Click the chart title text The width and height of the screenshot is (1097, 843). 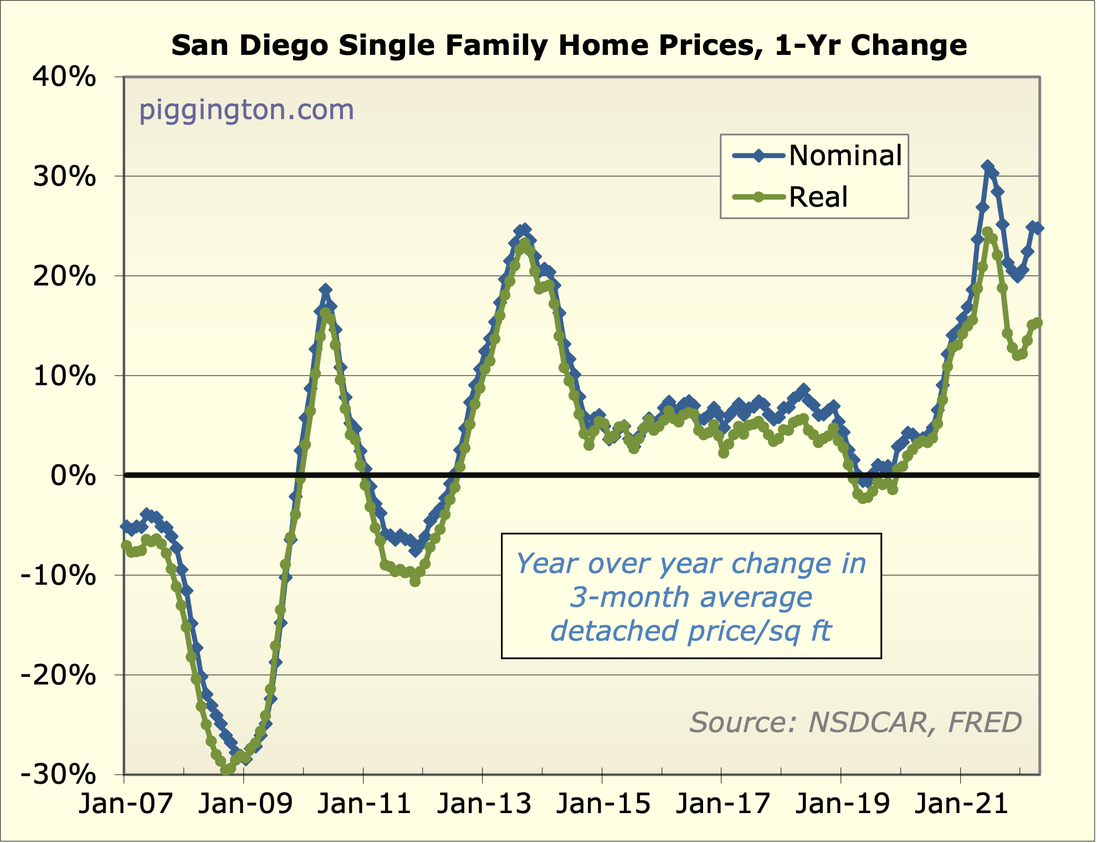(x=569, y=45)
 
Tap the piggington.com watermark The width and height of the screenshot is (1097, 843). (x=246, y=110)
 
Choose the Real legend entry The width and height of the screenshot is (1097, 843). (x=818, y=197)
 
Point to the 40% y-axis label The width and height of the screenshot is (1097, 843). (x=64, y=77)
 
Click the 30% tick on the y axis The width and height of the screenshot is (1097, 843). (x=64, y=177)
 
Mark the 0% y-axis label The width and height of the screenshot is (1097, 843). (x=73, y=476)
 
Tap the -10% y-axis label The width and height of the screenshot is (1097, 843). (x=58, y=576)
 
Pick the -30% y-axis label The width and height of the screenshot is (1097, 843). (x=58, y=774)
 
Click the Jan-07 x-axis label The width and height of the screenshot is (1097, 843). (x=125, y=804)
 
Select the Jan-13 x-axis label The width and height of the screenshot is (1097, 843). (x=484, y=804)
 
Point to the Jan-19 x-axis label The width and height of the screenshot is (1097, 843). (x=842, y=804)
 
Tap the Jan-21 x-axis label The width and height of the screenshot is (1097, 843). (x=961, y=804)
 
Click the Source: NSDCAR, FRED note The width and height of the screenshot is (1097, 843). (x=855, y=723)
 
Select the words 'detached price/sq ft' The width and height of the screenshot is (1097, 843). (x=691, y=631)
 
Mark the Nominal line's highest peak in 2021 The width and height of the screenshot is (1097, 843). (x=987, y=166)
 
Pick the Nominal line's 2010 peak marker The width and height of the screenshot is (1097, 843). (x=325, y=290)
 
